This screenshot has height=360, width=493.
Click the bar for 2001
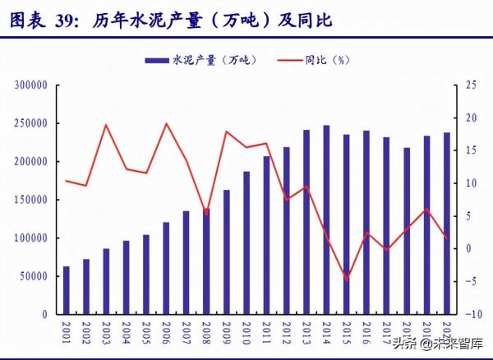coord(66,290)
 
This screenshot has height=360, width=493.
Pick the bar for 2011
coord(266,235)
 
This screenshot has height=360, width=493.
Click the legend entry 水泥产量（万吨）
coord(200,59)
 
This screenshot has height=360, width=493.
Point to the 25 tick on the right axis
coord(470,85)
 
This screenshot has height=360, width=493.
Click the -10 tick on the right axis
coord(472,314)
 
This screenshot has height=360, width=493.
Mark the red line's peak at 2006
coord(167,124)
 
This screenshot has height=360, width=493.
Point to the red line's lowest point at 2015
coord(346,280)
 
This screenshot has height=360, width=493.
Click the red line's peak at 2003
coord(106,125)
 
